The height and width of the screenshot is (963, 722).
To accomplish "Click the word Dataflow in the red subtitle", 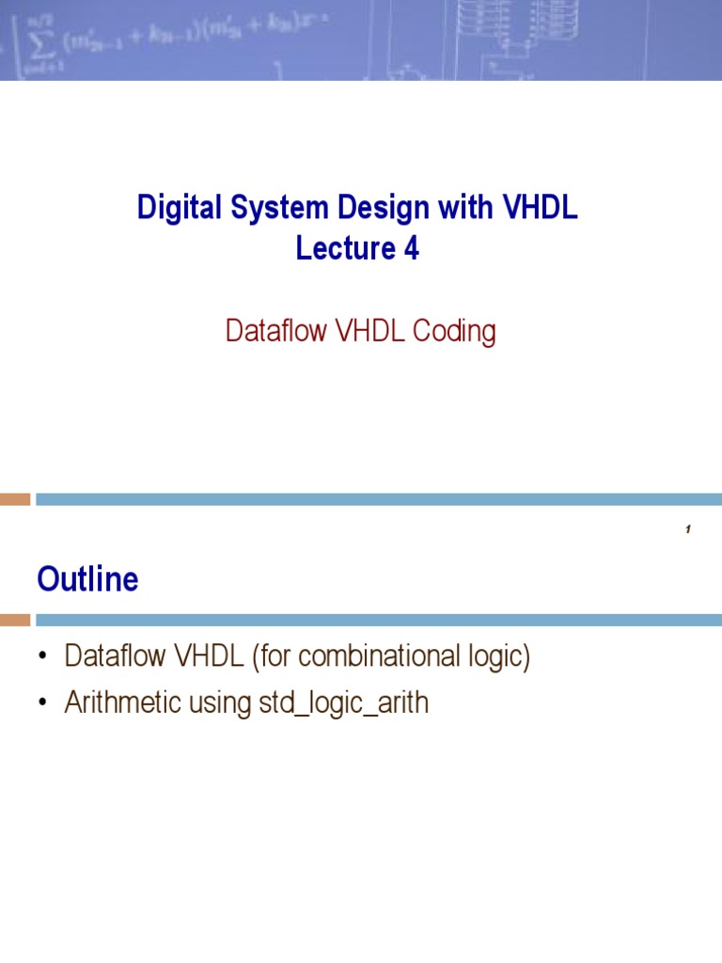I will [x=273, y=332].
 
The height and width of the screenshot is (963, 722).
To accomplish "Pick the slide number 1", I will [x=688, y=531].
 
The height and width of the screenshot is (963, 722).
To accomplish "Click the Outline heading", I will [x=87, y=579].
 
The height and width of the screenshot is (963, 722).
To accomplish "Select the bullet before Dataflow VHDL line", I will [x=42, y=658].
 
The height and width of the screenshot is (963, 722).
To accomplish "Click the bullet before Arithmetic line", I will [x=42, y=704].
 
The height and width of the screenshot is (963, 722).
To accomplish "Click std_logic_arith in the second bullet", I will [x=343, y=704].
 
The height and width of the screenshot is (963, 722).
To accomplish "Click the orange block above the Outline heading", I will [x=14, y=499].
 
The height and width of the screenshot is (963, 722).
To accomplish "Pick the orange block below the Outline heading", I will [x=14, y=621].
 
